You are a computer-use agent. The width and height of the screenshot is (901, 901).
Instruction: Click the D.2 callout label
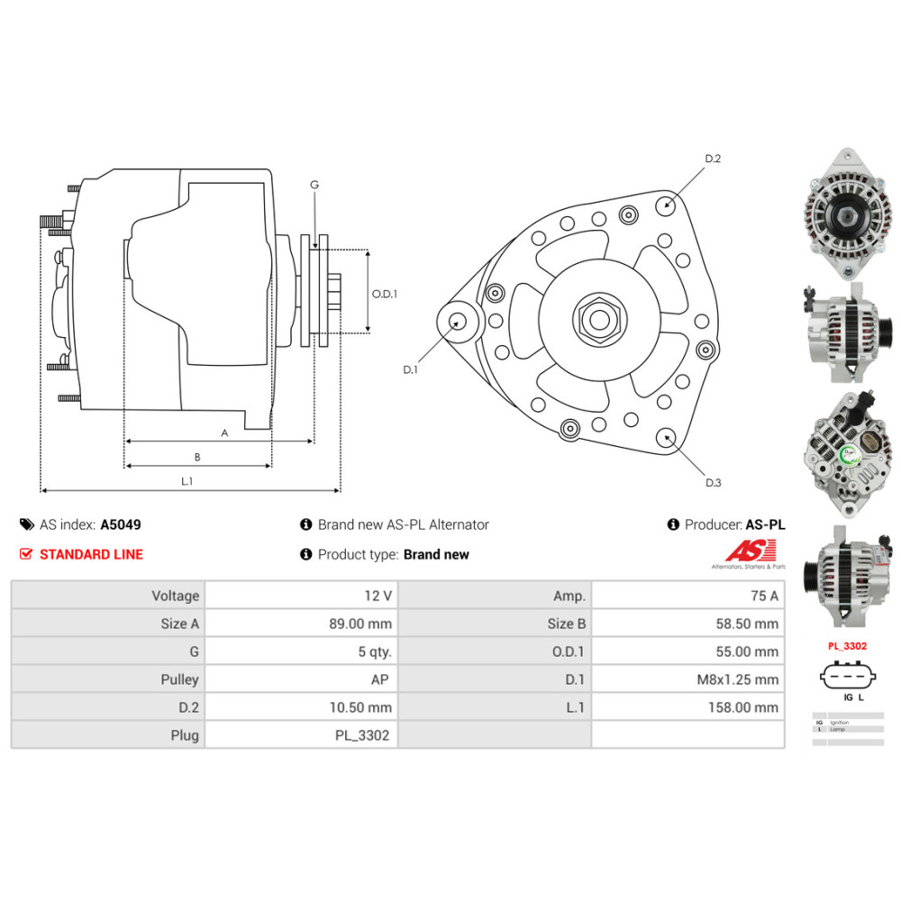point(713,159)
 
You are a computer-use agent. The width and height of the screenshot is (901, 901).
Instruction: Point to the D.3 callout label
point(713,483)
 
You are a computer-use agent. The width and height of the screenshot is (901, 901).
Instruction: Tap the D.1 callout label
point(411,369)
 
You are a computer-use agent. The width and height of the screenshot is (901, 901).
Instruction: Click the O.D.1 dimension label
point(385,293)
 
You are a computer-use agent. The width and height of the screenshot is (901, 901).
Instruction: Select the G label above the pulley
point(314,185)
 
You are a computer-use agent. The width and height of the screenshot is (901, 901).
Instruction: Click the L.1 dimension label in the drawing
point(187,482)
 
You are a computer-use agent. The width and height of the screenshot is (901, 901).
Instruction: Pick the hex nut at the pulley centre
point(596,318)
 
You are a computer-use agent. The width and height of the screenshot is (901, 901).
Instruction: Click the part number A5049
point(120,524)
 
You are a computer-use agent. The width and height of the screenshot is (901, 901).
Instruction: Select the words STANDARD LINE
point(91,554)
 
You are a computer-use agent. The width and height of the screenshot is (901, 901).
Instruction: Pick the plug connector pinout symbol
point(846,677)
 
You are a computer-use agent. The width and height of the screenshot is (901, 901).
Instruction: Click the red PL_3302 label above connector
point(846,646)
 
